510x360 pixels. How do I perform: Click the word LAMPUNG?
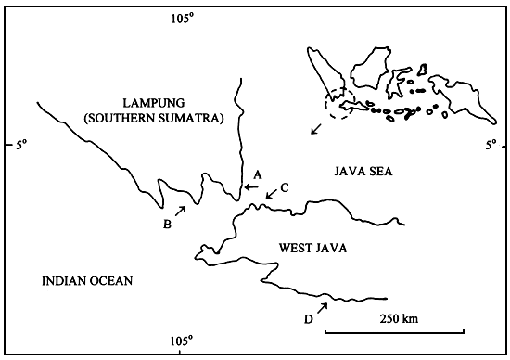[x=154, y=102]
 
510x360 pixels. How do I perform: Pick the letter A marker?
[x=259, y=174]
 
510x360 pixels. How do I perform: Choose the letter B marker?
[x=168, y=224]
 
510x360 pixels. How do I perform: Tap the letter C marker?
[x=285, y=187]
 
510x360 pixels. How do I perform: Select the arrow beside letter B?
[x=180, y=211]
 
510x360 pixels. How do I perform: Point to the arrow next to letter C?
[x=270, y=195]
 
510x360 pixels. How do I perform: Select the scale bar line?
[x=394, y=331]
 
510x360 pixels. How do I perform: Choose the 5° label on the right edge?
[x=492, y=145]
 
